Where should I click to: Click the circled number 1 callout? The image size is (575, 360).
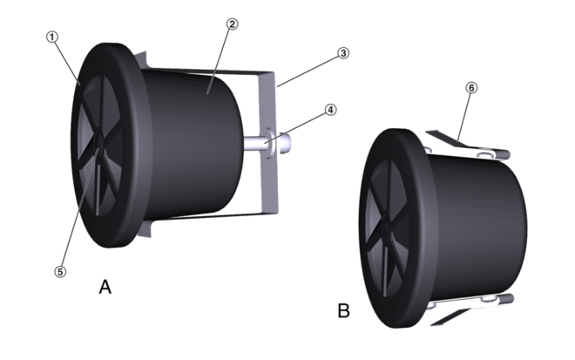pyautogui.click(x=52, y=37)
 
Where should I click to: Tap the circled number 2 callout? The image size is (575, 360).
pyautogui.click(x=232, y=24)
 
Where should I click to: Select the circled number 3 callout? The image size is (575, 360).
pyautogui.click(x=343, y=53)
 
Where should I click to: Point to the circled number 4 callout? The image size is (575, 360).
pyautogui.click(x=331, y=109)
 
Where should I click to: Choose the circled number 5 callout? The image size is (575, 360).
pyautogui.click(x=60, y=272)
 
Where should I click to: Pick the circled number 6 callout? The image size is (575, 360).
pyautogui.click(x=471, y=88)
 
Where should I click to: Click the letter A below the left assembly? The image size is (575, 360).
pyautogui.click(x=105, y=287)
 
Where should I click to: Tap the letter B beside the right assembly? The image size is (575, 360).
pyautogui.click(x=343, y=310)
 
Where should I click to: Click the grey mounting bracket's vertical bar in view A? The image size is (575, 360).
pyautogui.click(x=268, y=142)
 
